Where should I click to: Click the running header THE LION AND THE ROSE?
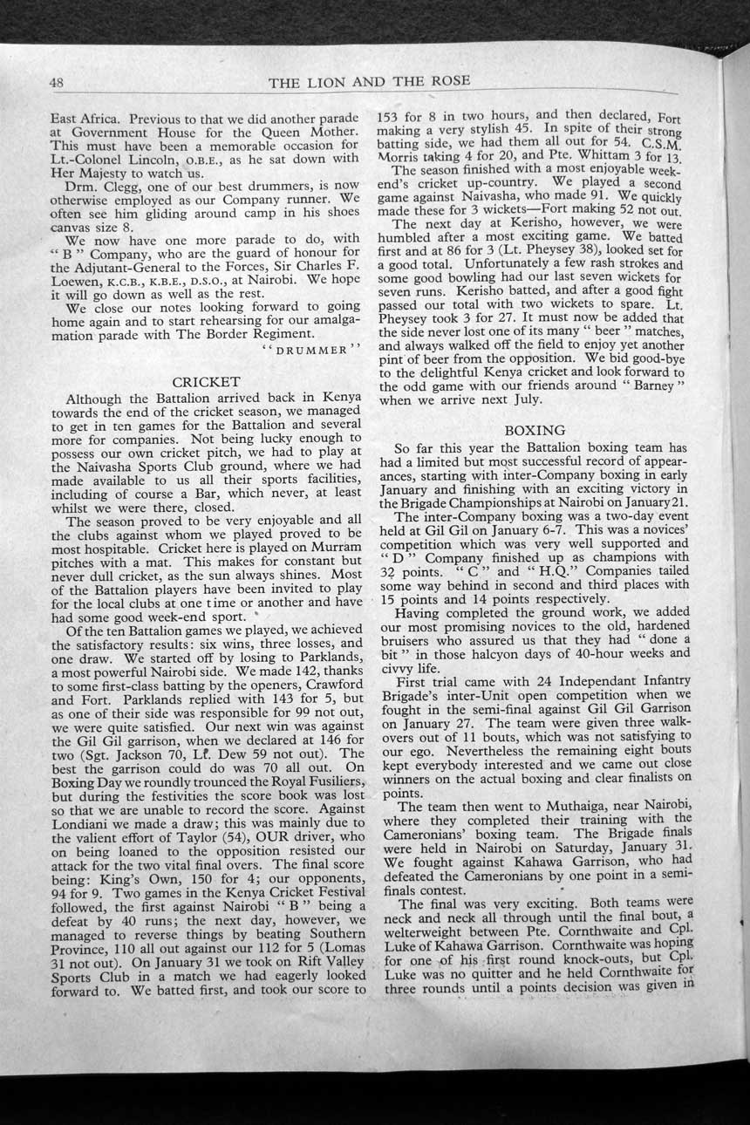coord(370,82)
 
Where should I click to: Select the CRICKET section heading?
coord(206,381)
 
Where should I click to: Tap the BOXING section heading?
coord(535,429)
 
